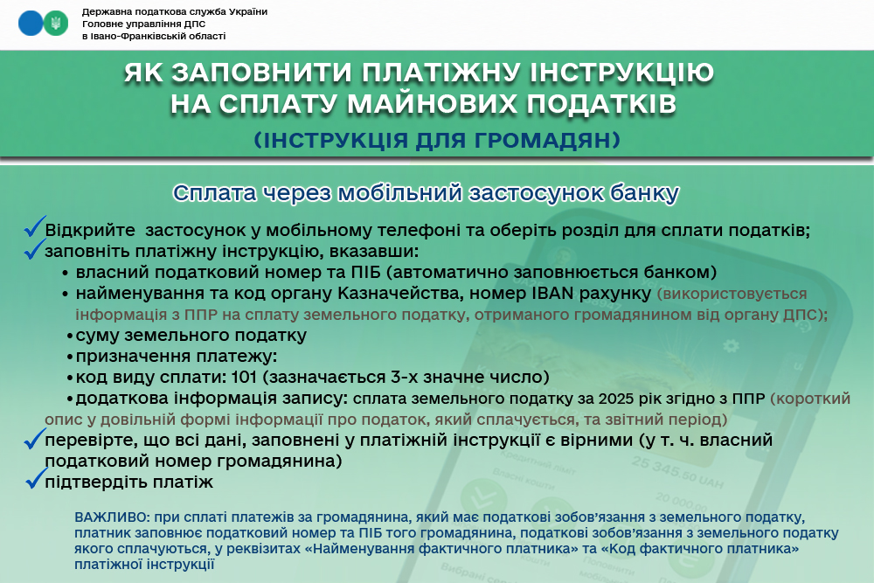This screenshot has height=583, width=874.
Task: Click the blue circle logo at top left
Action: [30, 24]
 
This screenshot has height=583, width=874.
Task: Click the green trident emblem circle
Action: [56, 24]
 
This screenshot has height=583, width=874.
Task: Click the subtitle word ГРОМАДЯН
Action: [547, 140]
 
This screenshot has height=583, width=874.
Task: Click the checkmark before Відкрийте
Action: [35, 226]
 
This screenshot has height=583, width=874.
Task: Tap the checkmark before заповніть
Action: [35, 248]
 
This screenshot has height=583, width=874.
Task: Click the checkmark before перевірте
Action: [35, 438]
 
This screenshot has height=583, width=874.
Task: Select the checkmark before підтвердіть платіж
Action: [36, 478]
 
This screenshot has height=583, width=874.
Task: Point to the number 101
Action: [244, 377]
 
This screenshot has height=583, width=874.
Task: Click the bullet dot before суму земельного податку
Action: [70, 337]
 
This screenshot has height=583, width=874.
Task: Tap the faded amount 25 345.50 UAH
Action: [677, 472]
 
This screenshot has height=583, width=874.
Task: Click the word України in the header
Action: [247, 11]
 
